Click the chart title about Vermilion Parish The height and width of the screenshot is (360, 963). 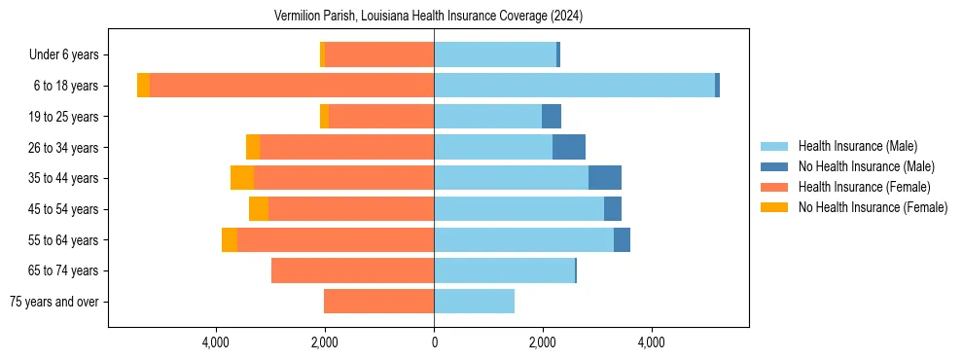pyautogui.click(x=434, y=16)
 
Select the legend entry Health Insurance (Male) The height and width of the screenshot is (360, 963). pyautogui.click(x=857, y=146)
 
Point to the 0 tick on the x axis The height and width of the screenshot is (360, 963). pyautogui.click(x=434, y=342)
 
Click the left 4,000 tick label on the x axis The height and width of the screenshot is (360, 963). pyautogui.click(x=215, y=342)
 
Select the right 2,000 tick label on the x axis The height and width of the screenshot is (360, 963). pyautogui.click(x=543, y=342)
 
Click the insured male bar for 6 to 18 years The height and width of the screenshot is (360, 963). pyautogui.click(x=574, y=86)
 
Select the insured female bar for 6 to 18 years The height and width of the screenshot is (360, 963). pyautogui.click(x=292, y=86)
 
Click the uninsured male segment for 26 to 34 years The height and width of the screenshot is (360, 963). pyautogui.click(x=569, y=147)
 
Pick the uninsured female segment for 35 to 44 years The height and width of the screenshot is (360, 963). pyautogui.click(x=242, y=178)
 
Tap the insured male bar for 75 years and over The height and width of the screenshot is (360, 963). pyautogui.click(x=474, y=302)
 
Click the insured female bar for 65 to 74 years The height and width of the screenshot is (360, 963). pyautogui.click(x=352, y=270)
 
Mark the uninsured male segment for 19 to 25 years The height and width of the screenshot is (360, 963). pyautogui.click(x=552, y=117)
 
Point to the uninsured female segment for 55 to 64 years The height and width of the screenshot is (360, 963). pyautogui.click(x=230, y=239)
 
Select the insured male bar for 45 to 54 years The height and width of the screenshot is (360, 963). pyautogui.click(x=518, y=209)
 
